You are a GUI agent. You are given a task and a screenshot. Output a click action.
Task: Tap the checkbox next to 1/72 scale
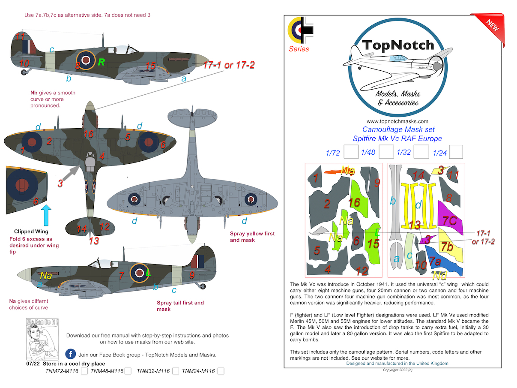click(x=351, y=152)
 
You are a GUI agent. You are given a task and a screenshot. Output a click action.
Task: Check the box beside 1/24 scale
click(x=456, y=152)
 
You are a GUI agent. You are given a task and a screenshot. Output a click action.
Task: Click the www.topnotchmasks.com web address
click(x=397, y=121)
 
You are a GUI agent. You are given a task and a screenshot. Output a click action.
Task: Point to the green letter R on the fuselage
click(x=101, y=62)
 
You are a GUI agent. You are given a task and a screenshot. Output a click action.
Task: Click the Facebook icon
click(x=71, y=354)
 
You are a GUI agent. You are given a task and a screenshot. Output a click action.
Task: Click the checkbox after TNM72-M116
click(x=84, y=371)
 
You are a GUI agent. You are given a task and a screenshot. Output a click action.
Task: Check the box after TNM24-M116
click(x=221, y=371)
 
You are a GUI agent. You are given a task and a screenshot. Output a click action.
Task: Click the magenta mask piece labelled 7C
click(x=450, y=221)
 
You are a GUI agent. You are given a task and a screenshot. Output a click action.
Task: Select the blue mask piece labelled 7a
click(x=441, y=264)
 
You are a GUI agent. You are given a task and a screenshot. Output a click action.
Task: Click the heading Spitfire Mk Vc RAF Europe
click(x=397, y=138)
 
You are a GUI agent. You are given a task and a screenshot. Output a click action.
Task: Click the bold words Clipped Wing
click(x=30, y=232)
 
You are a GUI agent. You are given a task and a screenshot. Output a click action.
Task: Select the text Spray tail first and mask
click(x=180, y=306)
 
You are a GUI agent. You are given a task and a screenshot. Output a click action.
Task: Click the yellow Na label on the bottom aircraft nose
click(x=46, y=276)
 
